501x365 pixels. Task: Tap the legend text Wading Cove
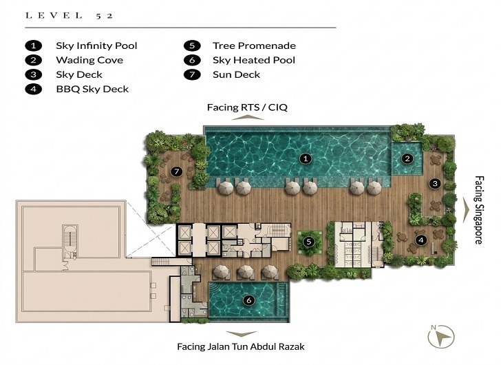[89, 61]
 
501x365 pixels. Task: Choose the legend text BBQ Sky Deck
[92, 89]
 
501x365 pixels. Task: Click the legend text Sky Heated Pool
[254, 61]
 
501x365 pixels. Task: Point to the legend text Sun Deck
[237, 74]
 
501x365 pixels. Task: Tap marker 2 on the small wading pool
[407, 158]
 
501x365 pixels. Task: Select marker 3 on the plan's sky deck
[434, 183]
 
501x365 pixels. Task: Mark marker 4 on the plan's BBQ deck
[421, 240]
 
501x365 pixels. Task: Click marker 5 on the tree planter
[310, 242]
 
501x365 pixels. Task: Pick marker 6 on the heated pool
[248, 300]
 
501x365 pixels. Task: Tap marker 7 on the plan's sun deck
[176, 171]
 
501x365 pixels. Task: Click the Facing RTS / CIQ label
[244, 108]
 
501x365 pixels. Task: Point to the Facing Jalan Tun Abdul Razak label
[241, 346]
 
